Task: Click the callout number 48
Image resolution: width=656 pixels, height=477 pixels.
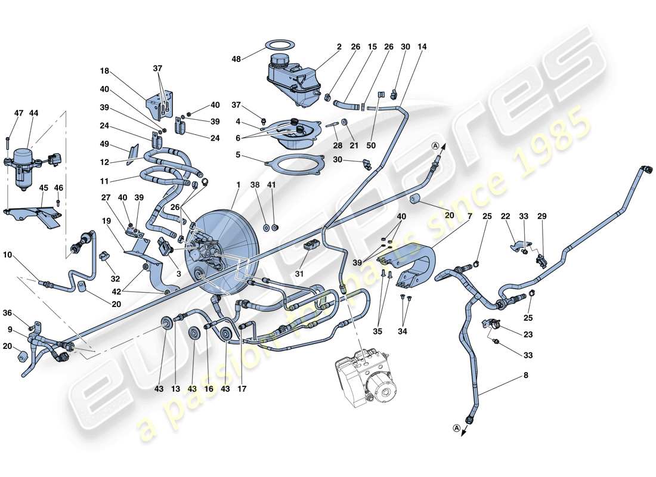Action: (x=237, y=58)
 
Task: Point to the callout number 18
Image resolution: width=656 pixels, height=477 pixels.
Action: (x=104, y=70)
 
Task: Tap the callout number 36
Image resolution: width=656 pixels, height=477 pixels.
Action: (x=7, y=312)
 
